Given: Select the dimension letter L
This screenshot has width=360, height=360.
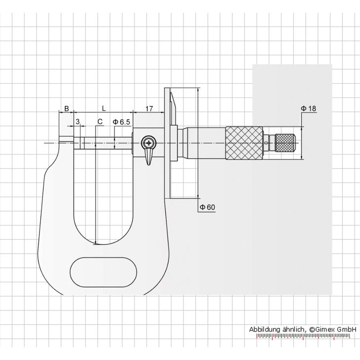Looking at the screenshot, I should [103, 107].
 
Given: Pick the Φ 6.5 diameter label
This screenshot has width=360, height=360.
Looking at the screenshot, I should [121, 121].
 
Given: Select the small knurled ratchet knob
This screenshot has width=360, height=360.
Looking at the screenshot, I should [286, 143].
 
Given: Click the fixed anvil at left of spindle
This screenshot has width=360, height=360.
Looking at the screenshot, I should [66, 143].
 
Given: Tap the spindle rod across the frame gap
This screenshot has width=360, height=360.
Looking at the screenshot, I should [106, 143].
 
